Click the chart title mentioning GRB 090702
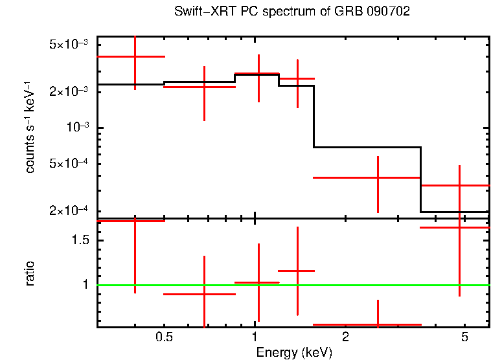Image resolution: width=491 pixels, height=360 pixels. tap(292, 12)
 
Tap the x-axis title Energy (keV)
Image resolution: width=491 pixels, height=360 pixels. tap(294, 353)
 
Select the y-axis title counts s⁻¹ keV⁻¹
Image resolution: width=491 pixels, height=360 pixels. tap(30, 127)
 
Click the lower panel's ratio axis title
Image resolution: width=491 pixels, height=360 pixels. tap(30, 273)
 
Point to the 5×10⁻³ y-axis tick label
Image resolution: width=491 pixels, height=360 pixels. tap(69, 45)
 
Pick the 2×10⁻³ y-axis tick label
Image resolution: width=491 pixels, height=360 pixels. tap(69, 92)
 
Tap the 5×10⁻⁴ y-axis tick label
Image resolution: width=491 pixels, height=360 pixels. tap(69, 163)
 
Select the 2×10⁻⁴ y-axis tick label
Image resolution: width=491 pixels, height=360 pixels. tap(69, 210)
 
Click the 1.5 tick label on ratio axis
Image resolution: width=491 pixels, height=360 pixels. tap(80, 240)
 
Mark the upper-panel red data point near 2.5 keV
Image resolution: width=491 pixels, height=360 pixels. tap(378, 177)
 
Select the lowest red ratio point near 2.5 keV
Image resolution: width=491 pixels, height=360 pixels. tap(378, 324)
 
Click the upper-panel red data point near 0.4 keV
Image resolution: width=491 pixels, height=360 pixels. tap(135, 57)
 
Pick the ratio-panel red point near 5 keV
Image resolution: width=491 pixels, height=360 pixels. tap(459, 228)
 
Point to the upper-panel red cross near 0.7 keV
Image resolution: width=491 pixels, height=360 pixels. tap(204, 87)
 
